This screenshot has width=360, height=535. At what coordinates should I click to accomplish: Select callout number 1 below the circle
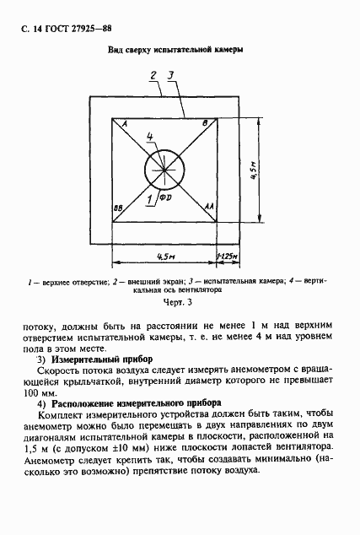(x=149, y=199)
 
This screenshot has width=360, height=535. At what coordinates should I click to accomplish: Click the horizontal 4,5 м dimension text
(x=165, y=255)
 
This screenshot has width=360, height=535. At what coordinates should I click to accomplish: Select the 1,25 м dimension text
(x=228, y=255)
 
